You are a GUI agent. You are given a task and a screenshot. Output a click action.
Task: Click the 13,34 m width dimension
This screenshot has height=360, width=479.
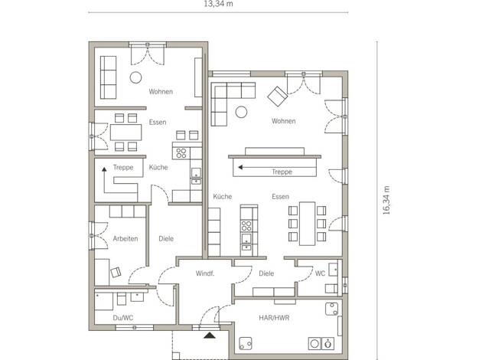click(218, 4)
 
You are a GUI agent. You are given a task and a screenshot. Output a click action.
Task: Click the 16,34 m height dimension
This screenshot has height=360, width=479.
click(386, 200)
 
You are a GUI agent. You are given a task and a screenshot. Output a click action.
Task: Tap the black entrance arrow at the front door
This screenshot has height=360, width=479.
click(210, 335)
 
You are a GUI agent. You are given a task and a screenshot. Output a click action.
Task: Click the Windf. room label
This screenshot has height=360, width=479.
click(204, 273)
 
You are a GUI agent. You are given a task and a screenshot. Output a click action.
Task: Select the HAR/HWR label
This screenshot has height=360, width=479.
click(274, 318)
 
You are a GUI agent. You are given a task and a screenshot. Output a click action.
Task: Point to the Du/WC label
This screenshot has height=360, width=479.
click(122, 318)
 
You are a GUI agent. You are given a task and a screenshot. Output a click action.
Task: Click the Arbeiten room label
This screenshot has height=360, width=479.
click(125, 238)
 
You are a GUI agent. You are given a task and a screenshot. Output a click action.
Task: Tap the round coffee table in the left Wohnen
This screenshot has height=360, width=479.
click(135, 77)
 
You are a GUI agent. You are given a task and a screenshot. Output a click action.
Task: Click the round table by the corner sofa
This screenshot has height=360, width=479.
click(241, 112)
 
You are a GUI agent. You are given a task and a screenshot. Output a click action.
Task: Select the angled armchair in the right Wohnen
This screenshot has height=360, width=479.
click(278, 96)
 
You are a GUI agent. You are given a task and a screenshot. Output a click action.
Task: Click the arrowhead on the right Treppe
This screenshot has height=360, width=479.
click(240, 167)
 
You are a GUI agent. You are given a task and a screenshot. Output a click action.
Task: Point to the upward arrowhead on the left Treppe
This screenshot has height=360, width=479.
click(105, 169)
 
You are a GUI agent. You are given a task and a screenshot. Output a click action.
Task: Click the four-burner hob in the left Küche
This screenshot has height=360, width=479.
click(181, 153)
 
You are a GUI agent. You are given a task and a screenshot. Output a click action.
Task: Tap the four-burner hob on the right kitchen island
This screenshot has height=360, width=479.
click(246, 226)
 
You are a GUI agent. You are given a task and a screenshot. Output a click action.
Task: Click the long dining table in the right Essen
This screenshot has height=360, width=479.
click(307, 224)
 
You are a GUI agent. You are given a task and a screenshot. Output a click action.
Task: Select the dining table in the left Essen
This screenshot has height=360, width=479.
click(125, 133)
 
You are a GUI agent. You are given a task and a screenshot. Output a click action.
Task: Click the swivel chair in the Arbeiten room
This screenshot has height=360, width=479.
click(116, 272)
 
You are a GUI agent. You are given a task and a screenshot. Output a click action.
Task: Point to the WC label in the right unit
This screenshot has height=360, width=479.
click(320, 273)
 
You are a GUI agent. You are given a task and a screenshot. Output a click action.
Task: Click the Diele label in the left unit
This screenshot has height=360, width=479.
click(166, 238)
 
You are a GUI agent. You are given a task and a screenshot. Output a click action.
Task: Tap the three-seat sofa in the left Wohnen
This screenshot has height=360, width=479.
click(108, 77)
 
